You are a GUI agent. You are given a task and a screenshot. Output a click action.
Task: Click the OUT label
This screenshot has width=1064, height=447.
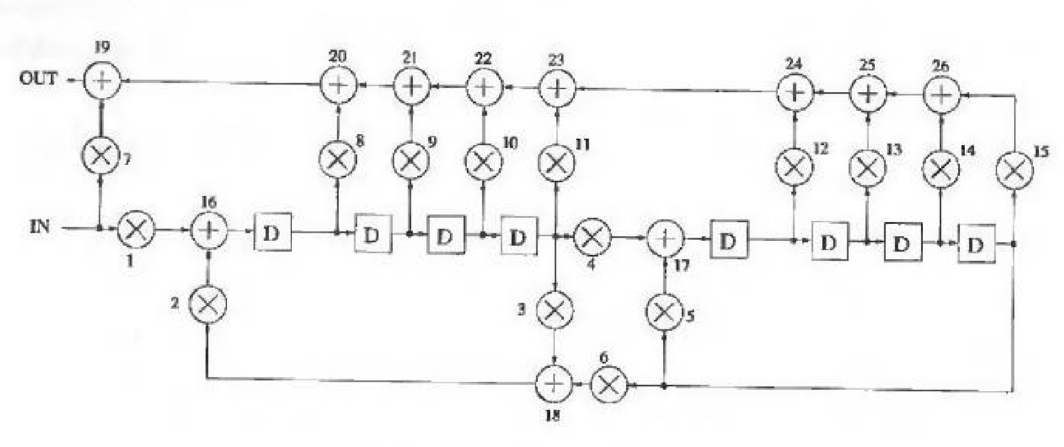pos(38,79)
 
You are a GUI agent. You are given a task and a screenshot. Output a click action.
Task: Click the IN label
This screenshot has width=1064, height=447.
pos(39,227)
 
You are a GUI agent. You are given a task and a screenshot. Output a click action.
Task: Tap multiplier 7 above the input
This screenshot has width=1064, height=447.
pos(101,156)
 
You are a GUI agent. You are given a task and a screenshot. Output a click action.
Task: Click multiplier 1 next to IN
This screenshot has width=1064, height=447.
pos(136,229)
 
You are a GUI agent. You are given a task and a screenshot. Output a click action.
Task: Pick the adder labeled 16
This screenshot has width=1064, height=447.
pos(208,230)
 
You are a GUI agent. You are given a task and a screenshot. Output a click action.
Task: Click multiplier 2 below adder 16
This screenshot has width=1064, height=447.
pos(207,304)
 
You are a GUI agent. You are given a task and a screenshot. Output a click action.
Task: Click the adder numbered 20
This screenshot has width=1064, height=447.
pos(338,85)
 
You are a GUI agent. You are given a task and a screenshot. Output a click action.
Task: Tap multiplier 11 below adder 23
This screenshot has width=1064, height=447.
pos(556,162)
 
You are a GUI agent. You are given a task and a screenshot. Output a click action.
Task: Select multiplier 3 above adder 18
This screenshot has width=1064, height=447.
pos(555,310)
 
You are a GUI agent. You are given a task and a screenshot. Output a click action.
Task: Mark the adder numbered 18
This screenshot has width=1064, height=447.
pos(554,384)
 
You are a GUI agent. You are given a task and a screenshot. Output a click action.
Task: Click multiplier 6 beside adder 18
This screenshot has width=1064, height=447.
pos(610,385)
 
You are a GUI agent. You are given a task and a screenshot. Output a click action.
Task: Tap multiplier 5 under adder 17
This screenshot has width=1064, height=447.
pos(664,312)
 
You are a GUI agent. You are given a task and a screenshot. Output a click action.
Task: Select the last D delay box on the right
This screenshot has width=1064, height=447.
pos(977,244)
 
